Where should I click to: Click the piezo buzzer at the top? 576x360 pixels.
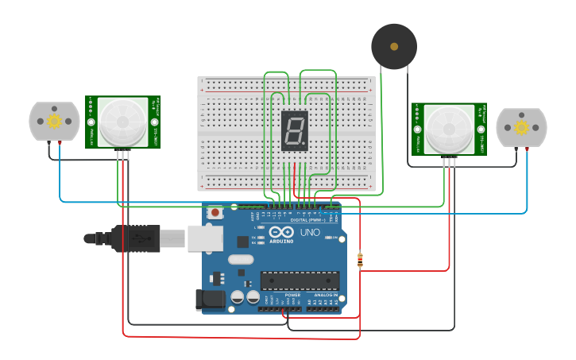(x=394, y=46)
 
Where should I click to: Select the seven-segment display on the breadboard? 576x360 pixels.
(x=295, y=130)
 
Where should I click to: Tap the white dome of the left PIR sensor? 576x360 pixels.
(x=123, y=122)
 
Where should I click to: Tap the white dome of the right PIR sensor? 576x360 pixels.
(x=449, y=129)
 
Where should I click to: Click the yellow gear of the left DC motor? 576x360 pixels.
(x=54, y=122)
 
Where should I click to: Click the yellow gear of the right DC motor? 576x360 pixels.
(x=521, y=128)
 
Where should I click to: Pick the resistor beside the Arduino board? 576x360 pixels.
(x=360, y=260)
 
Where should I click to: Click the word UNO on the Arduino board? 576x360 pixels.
(x=310, y=233)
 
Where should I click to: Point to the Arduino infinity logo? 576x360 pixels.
(x=281, y=233)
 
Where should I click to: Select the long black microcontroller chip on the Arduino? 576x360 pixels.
(x=300, y=281)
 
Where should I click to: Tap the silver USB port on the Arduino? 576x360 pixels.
(x=204, y=238)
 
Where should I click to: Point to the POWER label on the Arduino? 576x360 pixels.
(x=292, y=295)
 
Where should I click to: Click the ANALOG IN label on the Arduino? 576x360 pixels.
(x=325, y=295)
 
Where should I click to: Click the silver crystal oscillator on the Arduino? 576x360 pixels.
(x=241, y=259)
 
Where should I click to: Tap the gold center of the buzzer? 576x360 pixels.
(x=394, y=46)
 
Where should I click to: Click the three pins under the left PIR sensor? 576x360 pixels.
(x=123, y=154)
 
